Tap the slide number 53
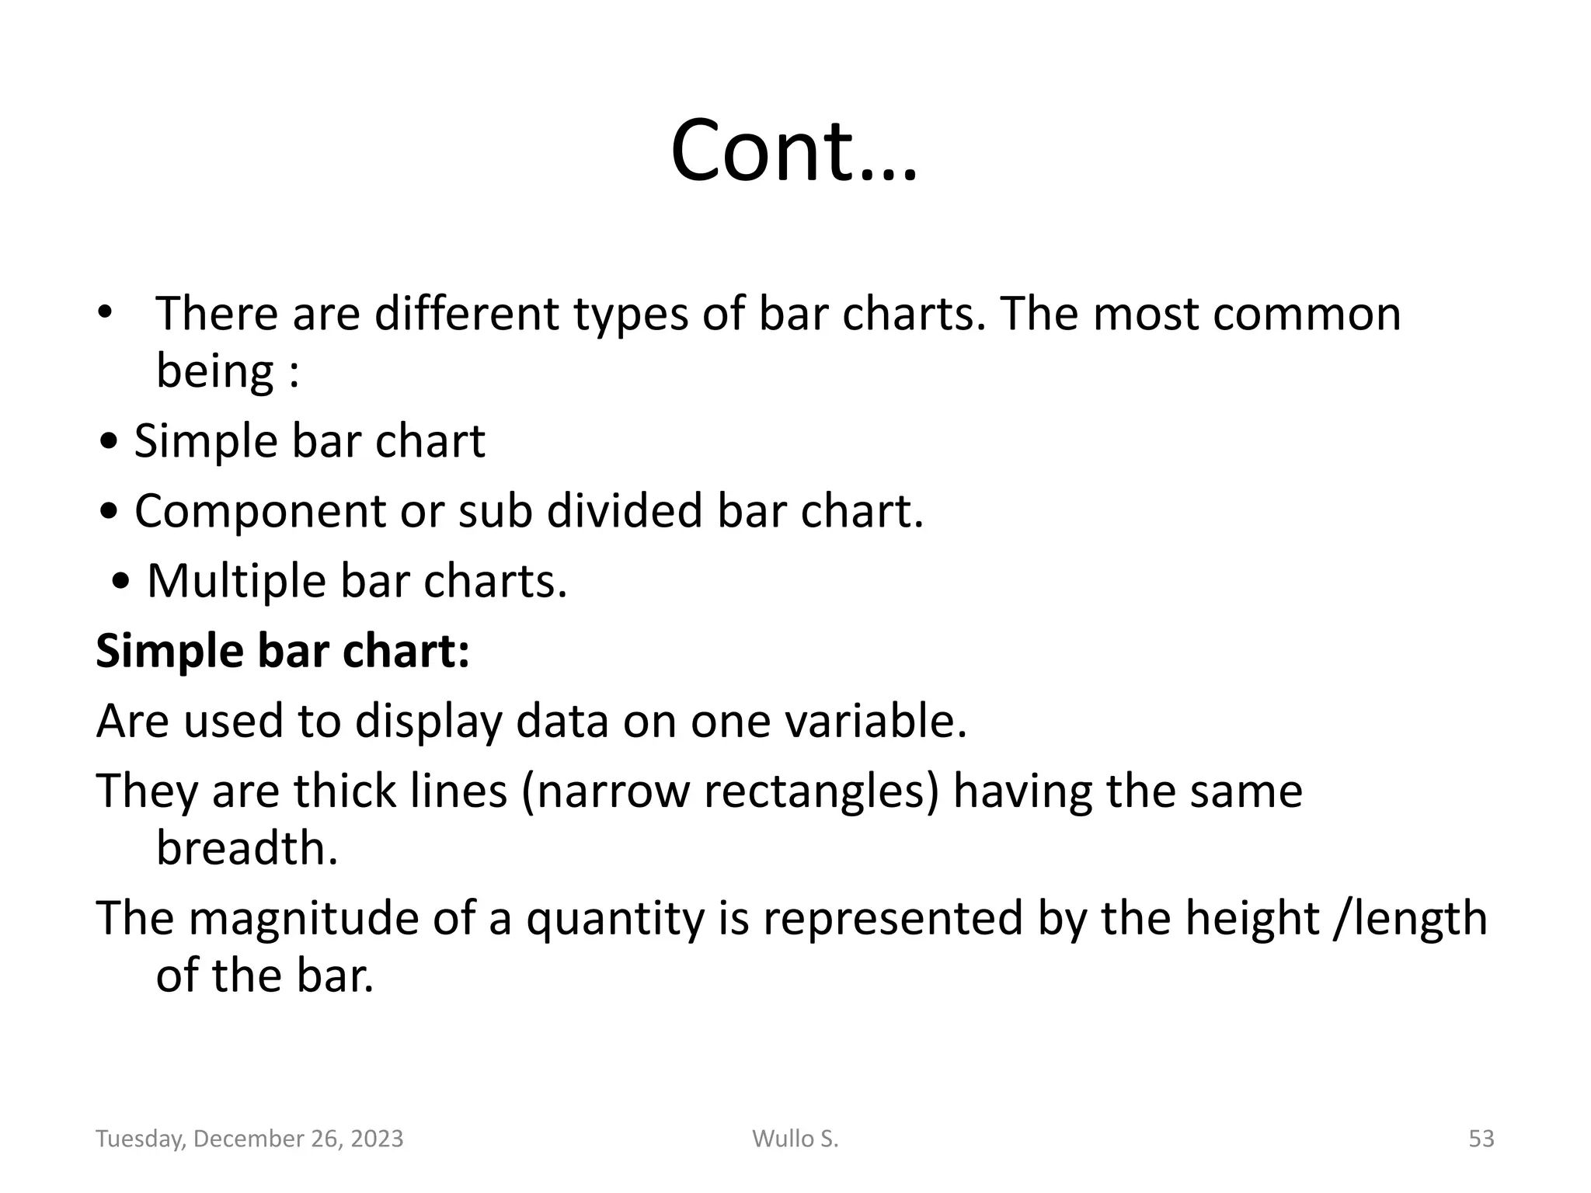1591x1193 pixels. point(1481,1139)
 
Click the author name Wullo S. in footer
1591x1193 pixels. point(795,1139)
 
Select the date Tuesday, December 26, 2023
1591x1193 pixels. point(249,1139)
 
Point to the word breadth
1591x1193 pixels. point(247,847)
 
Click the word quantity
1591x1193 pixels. point(614,919)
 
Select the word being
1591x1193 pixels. point(214,371)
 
